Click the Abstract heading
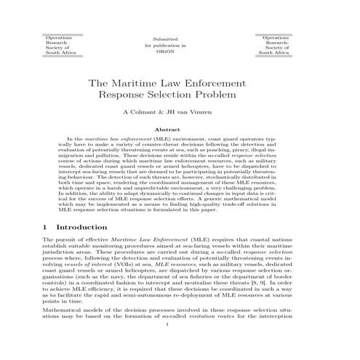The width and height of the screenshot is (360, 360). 180,130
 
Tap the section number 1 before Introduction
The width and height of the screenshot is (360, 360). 47,228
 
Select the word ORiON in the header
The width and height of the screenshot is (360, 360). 179,53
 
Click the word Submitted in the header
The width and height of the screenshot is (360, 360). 179,37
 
